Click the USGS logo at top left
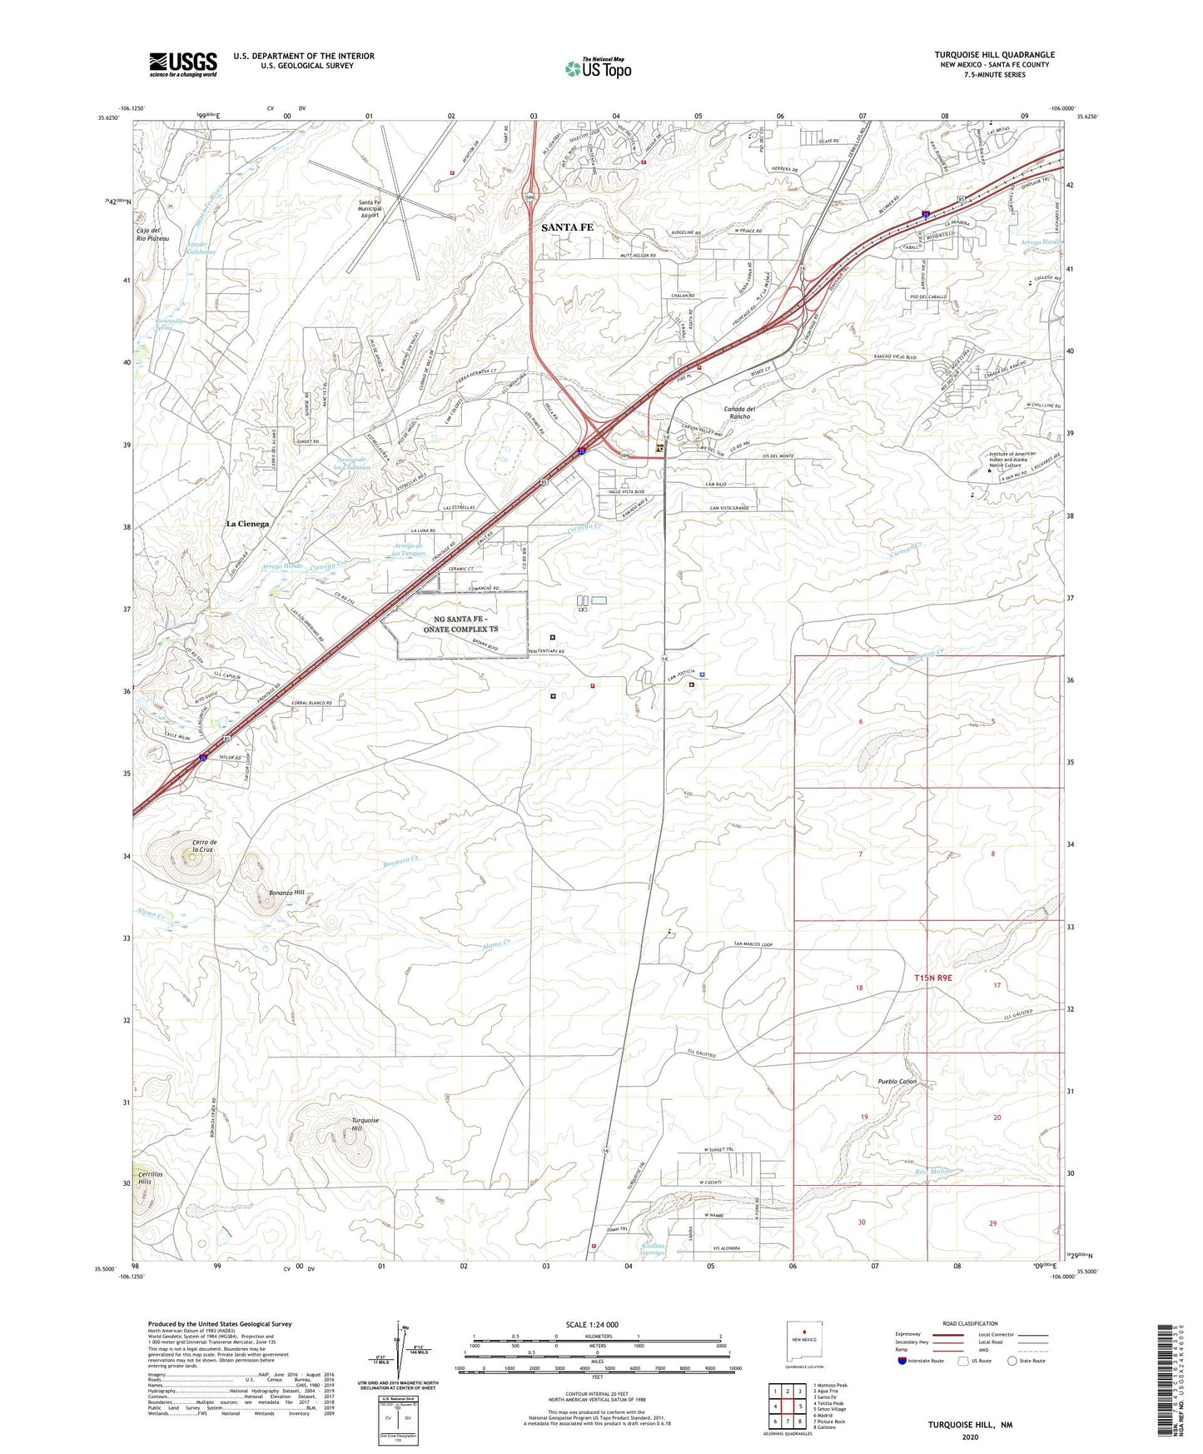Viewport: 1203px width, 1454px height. coord(183,64)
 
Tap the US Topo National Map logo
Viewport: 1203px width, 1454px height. coord(598,67)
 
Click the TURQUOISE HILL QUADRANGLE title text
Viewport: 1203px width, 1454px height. coord(994,55)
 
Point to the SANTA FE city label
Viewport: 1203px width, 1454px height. coord(568,227)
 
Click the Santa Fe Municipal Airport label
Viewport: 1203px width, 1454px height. coord(370,209)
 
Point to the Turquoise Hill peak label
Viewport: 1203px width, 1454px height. coord(365,1124)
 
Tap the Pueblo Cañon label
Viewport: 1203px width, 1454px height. coord(897,1081)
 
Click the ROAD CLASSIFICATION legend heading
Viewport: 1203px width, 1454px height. coord(970,1323)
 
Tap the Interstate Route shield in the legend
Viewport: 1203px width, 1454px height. coord(902,1362)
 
